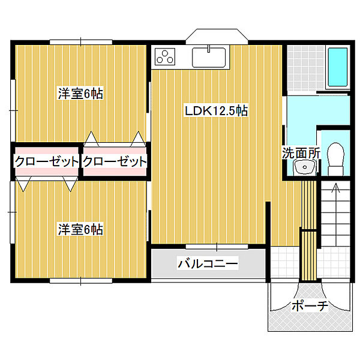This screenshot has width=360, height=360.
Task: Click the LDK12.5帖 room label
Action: (217, 110)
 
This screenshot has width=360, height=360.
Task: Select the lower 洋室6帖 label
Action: (80, 229)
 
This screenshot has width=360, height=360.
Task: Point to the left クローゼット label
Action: (46, 161)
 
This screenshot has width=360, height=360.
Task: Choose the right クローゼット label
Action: (115, 161)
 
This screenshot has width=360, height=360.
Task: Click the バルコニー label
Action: (208, 263)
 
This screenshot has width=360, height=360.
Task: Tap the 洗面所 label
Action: (301, 152)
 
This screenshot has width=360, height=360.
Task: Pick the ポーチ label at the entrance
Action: (309, 306)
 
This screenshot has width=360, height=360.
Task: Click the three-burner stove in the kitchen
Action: (164, 57)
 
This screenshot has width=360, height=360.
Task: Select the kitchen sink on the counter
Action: (209, 57)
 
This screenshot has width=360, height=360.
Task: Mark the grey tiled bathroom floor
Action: (305, 66)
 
